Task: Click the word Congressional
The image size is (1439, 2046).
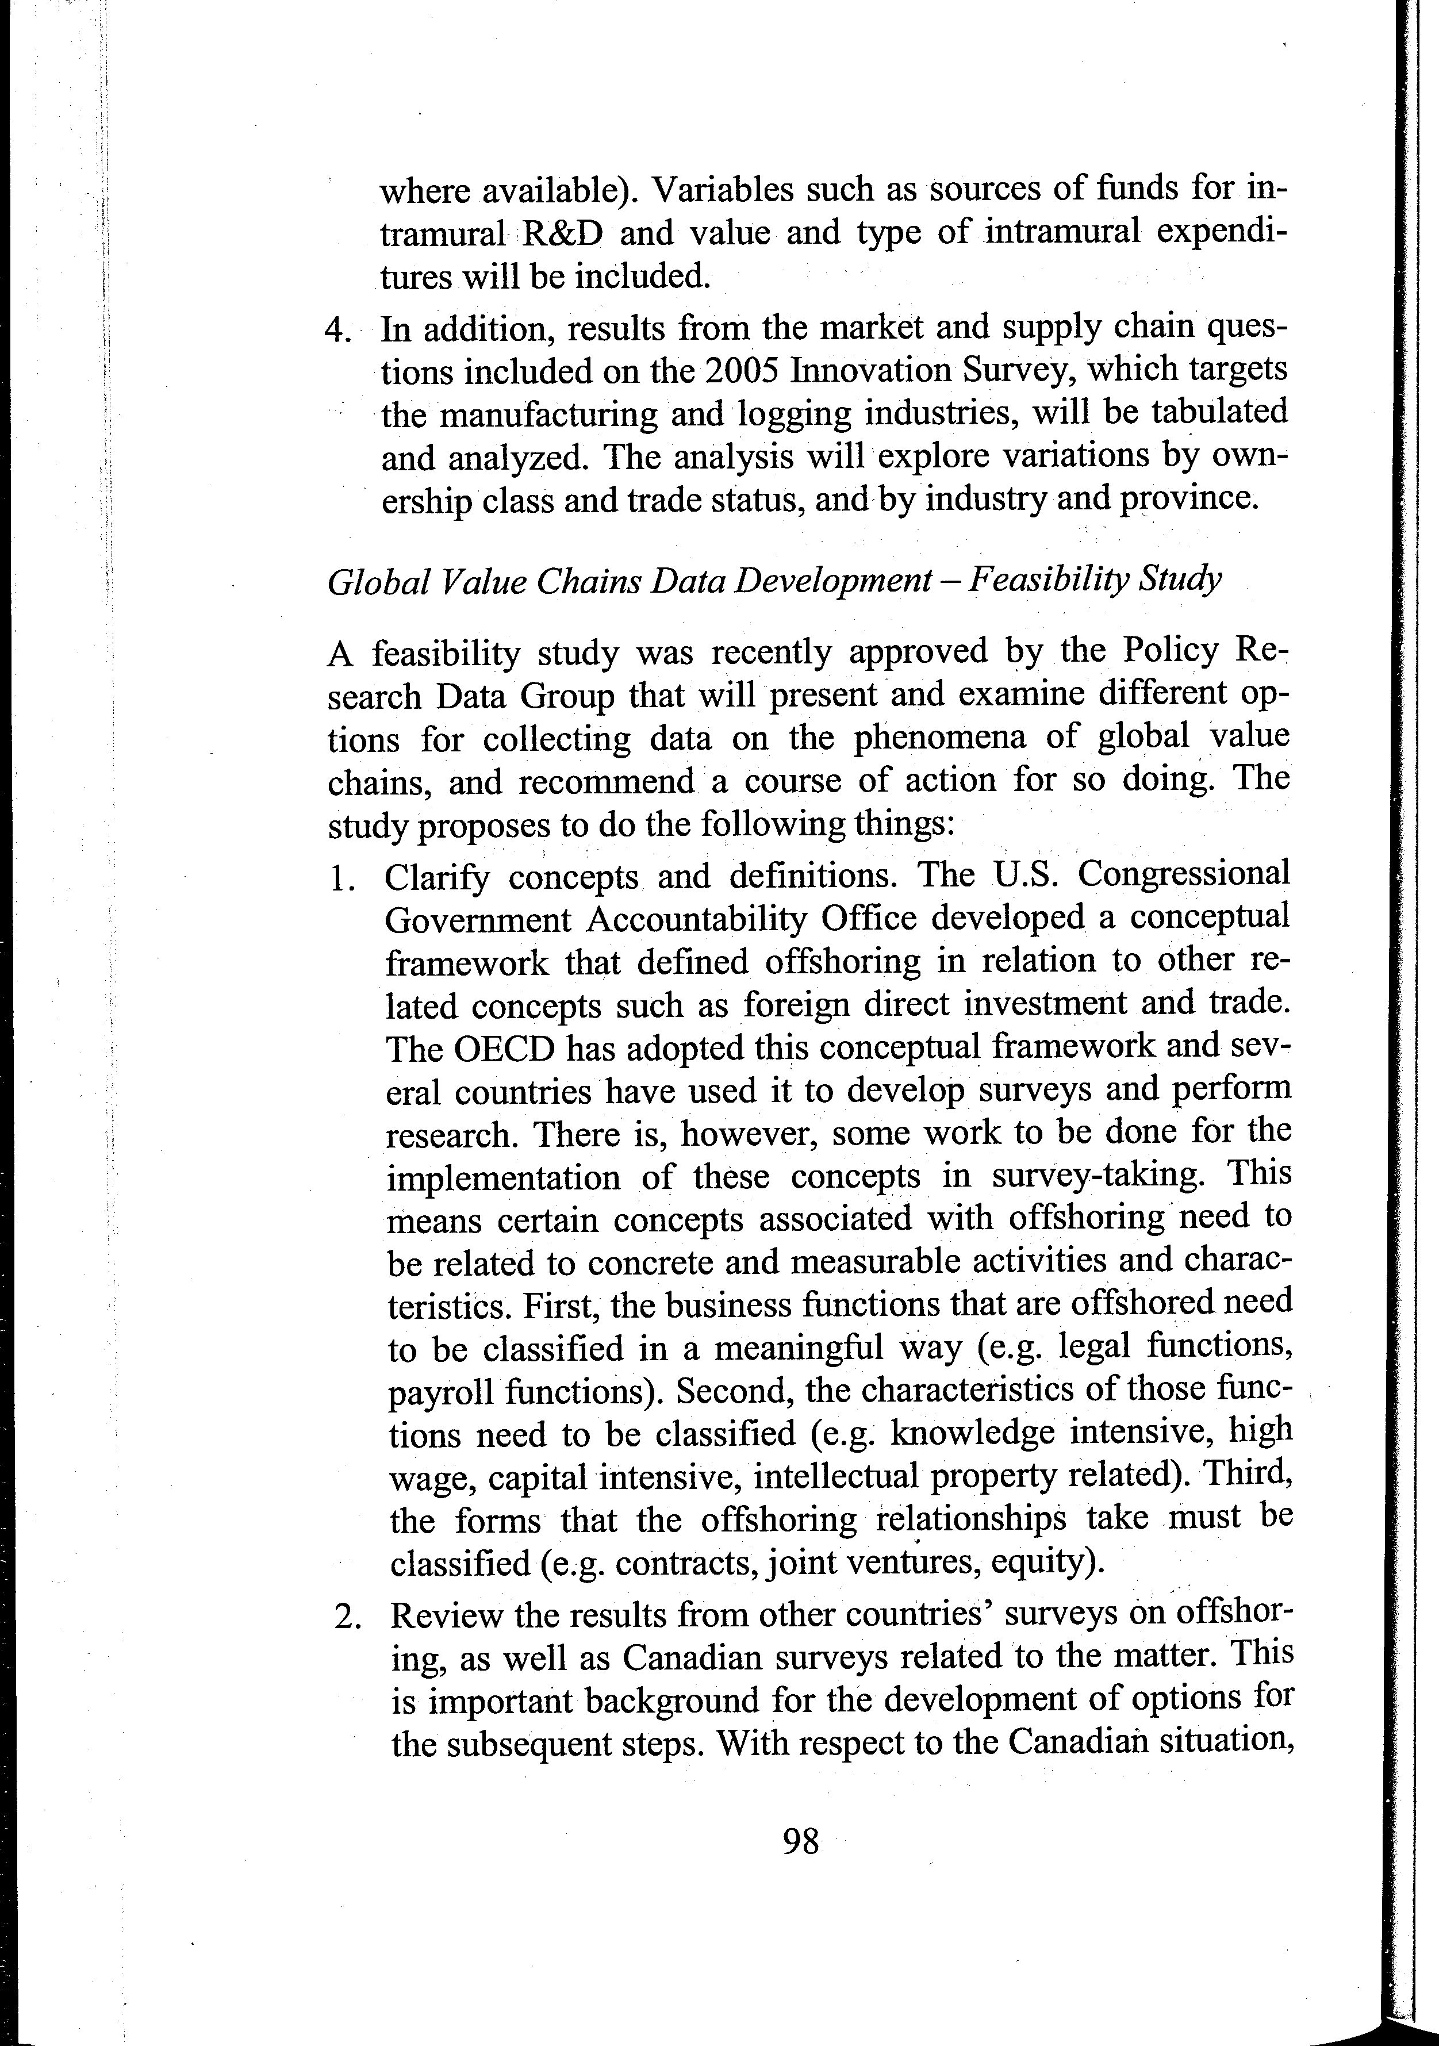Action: coord(1183,874)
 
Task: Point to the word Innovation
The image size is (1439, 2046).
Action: coord(856,371)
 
